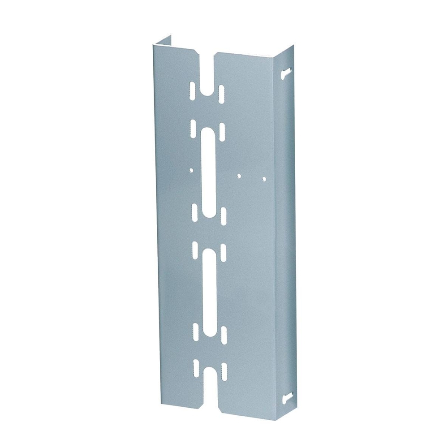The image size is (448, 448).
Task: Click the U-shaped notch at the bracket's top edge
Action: point(207,76)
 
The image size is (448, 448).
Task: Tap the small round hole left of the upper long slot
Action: point(191,171)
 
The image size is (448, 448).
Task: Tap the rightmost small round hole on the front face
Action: point(264,179)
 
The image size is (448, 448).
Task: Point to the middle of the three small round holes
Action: point(240,176)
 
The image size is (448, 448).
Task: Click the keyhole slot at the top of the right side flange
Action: point(287,73)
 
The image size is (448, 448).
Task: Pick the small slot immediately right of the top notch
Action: point(221,93)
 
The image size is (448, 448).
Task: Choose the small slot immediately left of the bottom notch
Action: point(195,368)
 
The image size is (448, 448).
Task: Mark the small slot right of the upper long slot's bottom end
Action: point(222,217)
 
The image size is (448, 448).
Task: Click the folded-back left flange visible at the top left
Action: point(164,42)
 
